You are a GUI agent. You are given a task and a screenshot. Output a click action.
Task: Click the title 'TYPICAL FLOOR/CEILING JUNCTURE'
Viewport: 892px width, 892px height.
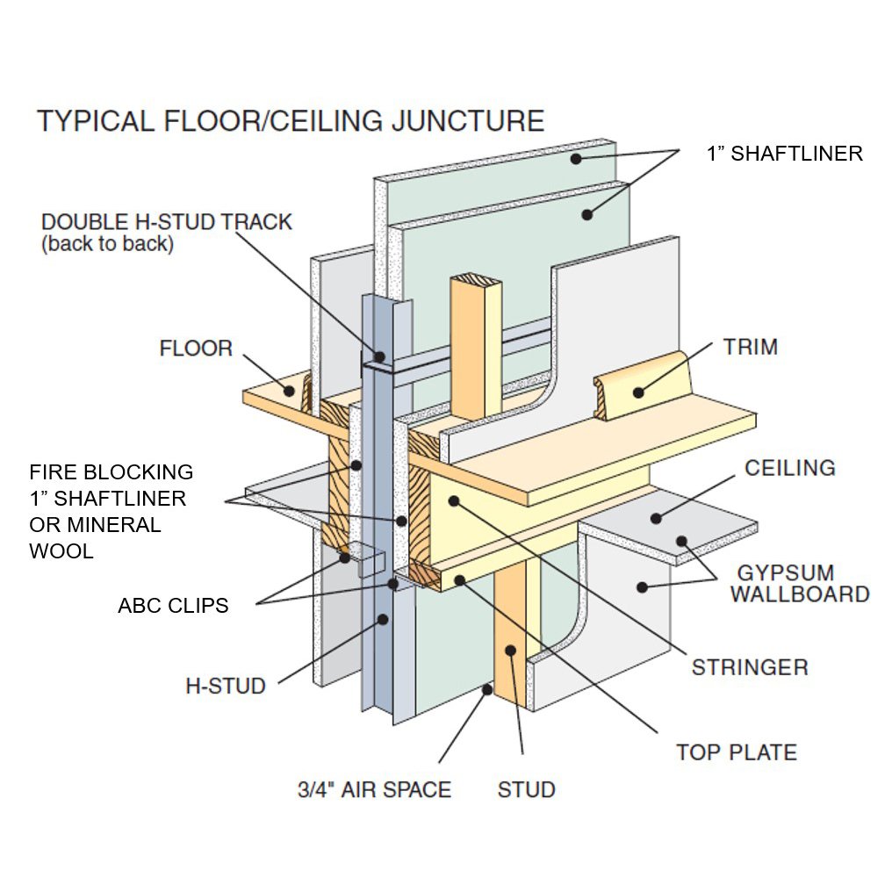pos(290,120)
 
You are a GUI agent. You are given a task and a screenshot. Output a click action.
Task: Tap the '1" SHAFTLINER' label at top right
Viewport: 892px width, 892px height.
pos(784,154)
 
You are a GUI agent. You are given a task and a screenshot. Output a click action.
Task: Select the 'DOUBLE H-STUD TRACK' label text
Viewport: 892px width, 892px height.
pos(167,221)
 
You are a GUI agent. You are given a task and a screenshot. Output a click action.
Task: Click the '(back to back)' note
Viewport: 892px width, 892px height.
pos(107,244)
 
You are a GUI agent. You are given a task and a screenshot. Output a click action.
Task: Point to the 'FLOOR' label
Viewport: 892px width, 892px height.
pos(196,349)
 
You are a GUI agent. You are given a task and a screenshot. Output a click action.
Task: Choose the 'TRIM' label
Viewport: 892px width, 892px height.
pos(750,347)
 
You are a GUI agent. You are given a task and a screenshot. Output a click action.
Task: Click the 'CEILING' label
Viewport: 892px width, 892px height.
pos(789,468)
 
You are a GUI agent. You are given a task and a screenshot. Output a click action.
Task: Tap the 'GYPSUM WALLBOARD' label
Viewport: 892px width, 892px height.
pos(799,584)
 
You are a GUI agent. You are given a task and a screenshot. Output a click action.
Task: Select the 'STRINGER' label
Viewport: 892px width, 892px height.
pos(749,667)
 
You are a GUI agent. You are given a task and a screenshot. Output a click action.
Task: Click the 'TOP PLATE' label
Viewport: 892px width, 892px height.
pos(736,752)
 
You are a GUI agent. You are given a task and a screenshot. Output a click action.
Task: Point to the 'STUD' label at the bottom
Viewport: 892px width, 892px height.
pos(526,789)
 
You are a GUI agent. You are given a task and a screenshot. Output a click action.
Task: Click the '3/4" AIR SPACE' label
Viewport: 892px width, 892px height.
pos(374,789)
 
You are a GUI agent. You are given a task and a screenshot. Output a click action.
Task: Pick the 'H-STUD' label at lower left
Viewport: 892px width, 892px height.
pos(225,686)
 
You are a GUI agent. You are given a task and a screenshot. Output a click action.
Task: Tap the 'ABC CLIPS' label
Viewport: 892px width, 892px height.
pos(173,606)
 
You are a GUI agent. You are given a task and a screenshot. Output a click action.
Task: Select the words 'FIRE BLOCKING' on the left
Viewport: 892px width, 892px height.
pos(111,472)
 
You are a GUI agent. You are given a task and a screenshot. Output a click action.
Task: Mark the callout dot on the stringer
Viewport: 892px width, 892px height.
pos(453,500)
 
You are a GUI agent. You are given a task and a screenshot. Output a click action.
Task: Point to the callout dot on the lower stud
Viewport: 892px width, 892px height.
pos(510,651)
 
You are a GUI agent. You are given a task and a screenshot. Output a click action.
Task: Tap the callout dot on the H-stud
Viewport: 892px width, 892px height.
pos(382,619)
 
